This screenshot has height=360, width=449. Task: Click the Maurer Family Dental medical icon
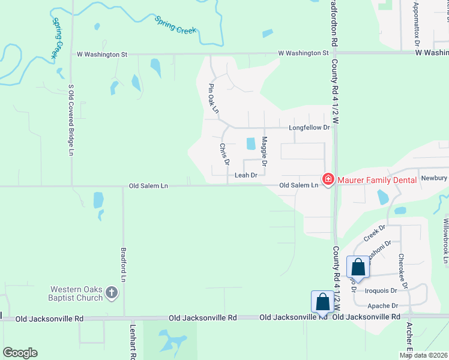328,179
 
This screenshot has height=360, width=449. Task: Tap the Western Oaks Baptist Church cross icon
111,293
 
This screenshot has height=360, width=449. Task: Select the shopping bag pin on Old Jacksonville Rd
322,302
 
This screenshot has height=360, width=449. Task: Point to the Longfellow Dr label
310,128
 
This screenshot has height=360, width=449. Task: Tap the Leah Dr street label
246,175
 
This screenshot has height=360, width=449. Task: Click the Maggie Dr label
265,151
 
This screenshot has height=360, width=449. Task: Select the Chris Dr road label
224,154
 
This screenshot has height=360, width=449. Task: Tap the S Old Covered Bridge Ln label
71,120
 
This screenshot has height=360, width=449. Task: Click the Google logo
20,353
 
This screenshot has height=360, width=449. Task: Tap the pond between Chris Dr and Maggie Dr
251,143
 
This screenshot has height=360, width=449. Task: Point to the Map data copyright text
423,355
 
